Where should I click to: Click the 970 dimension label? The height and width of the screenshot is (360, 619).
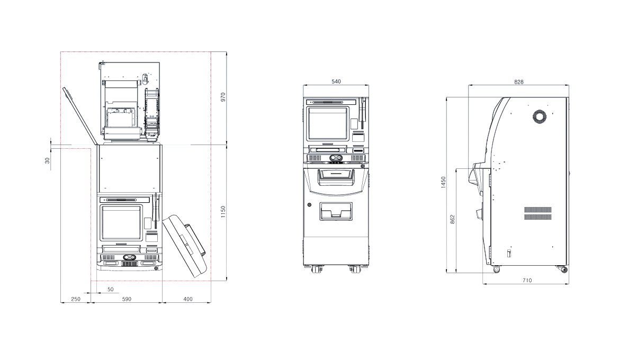(223, 97)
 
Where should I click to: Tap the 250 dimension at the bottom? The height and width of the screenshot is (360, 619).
(76, 299)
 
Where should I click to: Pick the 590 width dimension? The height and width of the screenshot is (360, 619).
(127, 299)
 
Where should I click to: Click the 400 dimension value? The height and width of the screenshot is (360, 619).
(187, 299)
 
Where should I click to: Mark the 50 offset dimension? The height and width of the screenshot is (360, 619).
(110, 289)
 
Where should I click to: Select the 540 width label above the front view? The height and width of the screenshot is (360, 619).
(336, 82)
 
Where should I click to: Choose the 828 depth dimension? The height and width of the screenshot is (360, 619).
(518, 82)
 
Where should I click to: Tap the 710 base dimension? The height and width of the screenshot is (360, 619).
(526, 280)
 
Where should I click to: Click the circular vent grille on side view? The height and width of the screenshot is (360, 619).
(540, 117)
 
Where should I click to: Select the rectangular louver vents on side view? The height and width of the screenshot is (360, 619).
(538, 213)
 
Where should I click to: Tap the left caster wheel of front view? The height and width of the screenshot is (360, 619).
(317, 269)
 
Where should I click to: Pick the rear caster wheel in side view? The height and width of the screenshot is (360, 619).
(563, 269)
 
